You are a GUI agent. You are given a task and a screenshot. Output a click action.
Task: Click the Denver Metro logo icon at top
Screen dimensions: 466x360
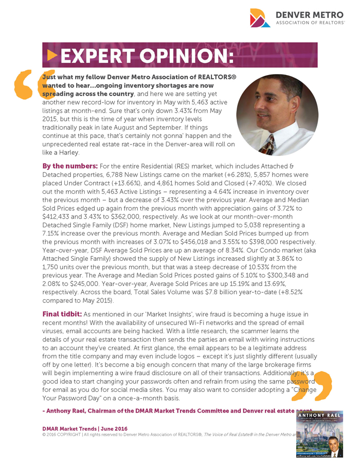(260, 19)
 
